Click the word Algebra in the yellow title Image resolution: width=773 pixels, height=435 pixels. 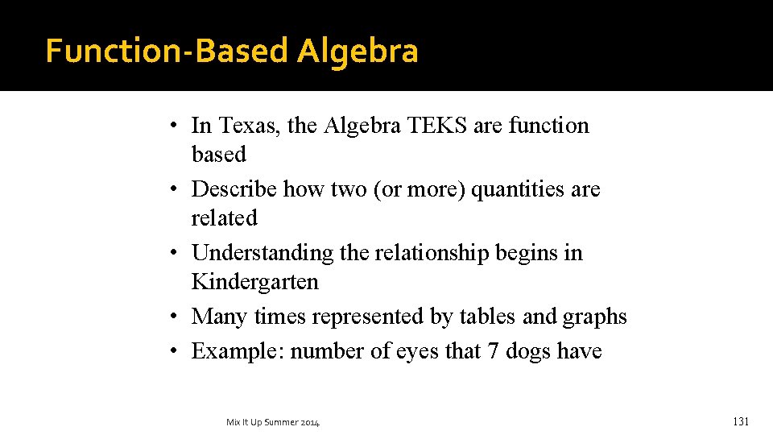357,52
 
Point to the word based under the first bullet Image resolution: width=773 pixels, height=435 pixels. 218,154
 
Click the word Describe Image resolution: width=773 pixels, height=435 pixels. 236,189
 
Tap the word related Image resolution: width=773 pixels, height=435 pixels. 224,217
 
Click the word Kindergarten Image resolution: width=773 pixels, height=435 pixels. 254,282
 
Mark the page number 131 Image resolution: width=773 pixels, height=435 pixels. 741,421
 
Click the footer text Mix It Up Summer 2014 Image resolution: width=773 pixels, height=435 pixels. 273,422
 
